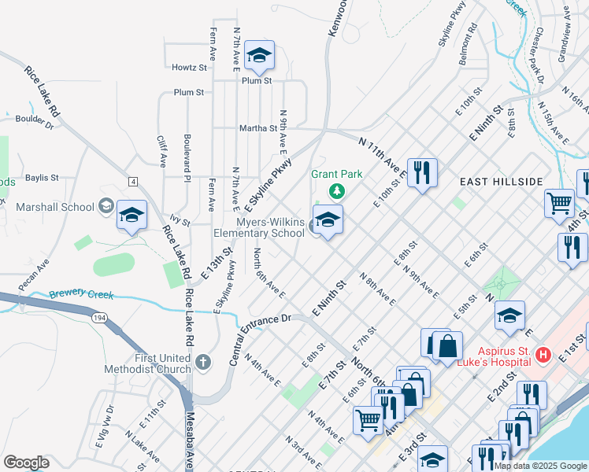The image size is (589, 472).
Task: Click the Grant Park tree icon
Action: (x=336, y=190)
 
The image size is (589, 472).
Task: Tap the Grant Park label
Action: (x=336, y=174)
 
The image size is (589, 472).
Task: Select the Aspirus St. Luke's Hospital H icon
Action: (x=542, y=356)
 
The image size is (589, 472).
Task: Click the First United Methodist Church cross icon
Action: (x=202, y=363)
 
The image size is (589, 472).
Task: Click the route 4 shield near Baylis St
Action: (x=134, y=182)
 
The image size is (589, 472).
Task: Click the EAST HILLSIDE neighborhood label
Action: (x=502, y=182)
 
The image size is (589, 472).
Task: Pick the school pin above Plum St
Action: (x=259, y=56)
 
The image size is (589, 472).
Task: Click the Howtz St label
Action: (x=188, y=68)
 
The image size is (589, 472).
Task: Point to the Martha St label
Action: (x=258, y=128)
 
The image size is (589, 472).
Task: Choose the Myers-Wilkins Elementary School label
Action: (x=259, y=227)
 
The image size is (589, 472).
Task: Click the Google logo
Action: (x=26, y=463)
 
